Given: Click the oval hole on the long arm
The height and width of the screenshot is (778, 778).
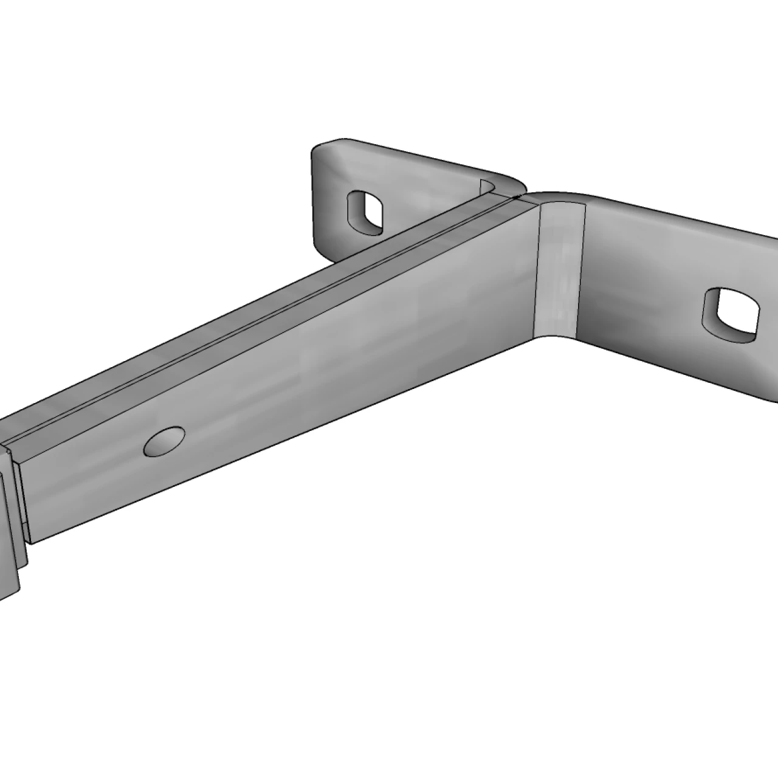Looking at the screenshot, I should tap(165, 441).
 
